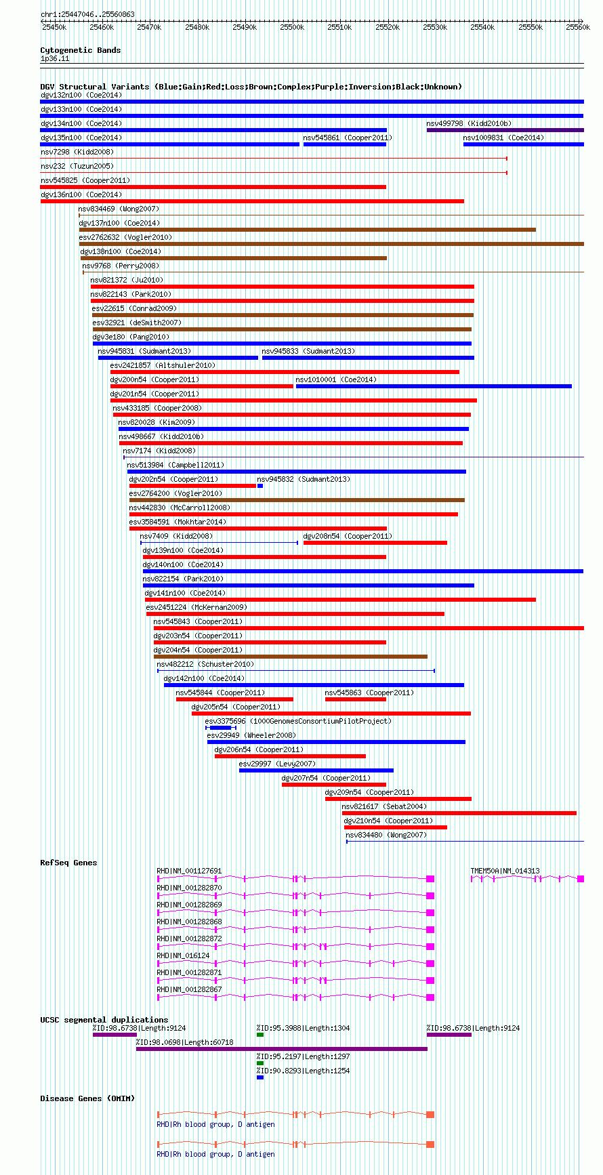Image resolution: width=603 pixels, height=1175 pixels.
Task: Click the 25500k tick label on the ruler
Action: (293, 27)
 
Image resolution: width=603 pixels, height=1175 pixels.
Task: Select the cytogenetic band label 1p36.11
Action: (55, 59)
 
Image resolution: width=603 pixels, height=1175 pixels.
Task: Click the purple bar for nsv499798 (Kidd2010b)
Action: (505, 130)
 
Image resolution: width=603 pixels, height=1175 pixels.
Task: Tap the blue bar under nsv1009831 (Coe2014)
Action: (524, 144)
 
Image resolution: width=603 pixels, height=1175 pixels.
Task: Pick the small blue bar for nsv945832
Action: (260, 486)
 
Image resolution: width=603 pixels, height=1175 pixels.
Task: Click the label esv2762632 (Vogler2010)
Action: (125, 237)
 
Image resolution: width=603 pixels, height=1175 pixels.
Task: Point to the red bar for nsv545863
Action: (356, 699)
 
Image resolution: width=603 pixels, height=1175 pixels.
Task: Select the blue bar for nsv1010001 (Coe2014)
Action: (434, 386)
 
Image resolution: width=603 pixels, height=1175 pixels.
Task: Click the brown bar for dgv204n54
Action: (291, 657)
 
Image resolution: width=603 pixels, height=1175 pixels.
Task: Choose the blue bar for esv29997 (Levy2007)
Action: (316, 770)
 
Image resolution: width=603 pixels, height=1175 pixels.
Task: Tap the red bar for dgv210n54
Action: (396, 827)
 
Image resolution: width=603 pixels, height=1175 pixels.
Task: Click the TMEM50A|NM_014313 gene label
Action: (505, 871)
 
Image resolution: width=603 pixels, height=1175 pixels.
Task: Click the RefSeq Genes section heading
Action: (68, 863)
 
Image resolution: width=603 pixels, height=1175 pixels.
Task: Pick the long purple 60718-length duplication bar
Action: (282, 1049)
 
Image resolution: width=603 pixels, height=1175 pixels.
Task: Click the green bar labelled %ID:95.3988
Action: (260, 1035)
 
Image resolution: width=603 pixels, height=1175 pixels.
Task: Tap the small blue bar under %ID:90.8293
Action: (260, 1077)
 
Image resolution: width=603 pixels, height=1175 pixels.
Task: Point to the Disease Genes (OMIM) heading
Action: (87, 1098)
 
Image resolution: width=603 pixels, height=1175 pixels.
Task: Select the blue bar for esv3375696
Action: (221, 728)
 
